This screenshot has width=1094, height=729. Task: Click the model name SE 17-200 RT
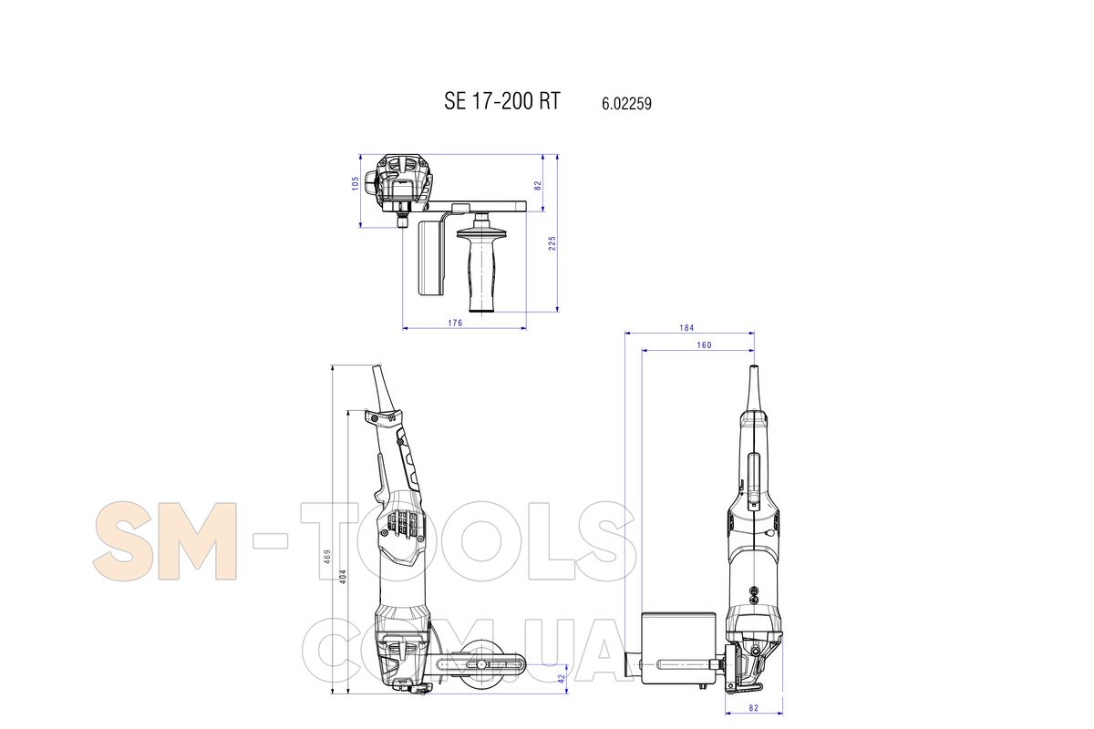pos(502,101)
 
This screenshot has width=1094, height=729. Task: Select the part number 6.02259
pos(626,104)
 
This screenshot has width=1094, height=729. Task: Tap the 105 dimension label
pos(356,183)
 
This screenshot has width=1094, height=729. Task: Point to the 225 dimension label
pos(552,243)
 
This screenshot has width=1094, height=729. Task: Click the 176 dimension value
pos(455,323)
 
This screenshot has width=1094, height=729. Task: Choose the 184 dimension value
pos(686,328)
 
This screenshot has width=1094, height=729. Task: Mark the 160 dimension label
pos(704,345)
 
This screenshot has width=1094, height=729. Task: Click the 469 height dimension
pos(327,557)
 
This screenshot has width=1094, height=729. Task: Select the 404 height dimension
pos(343,577)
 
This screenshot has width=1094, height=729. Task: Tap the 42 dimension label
pos(562,679)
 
